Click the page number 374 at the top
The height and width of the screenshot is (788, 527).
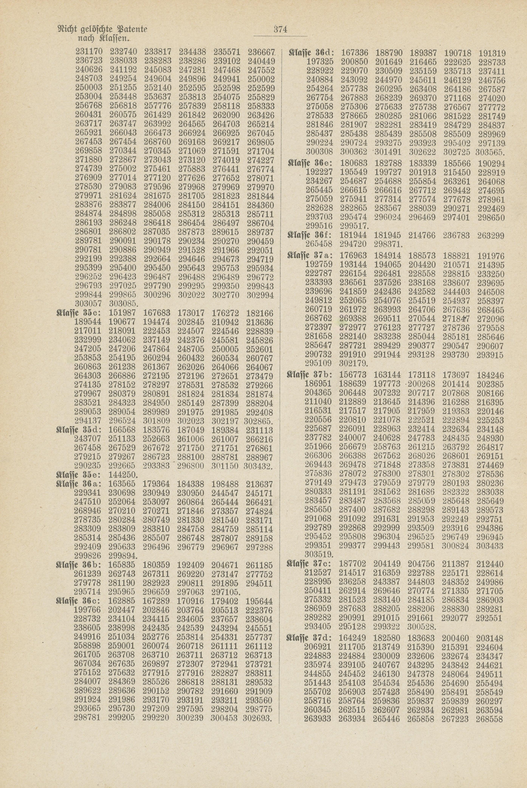(280, 29)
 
